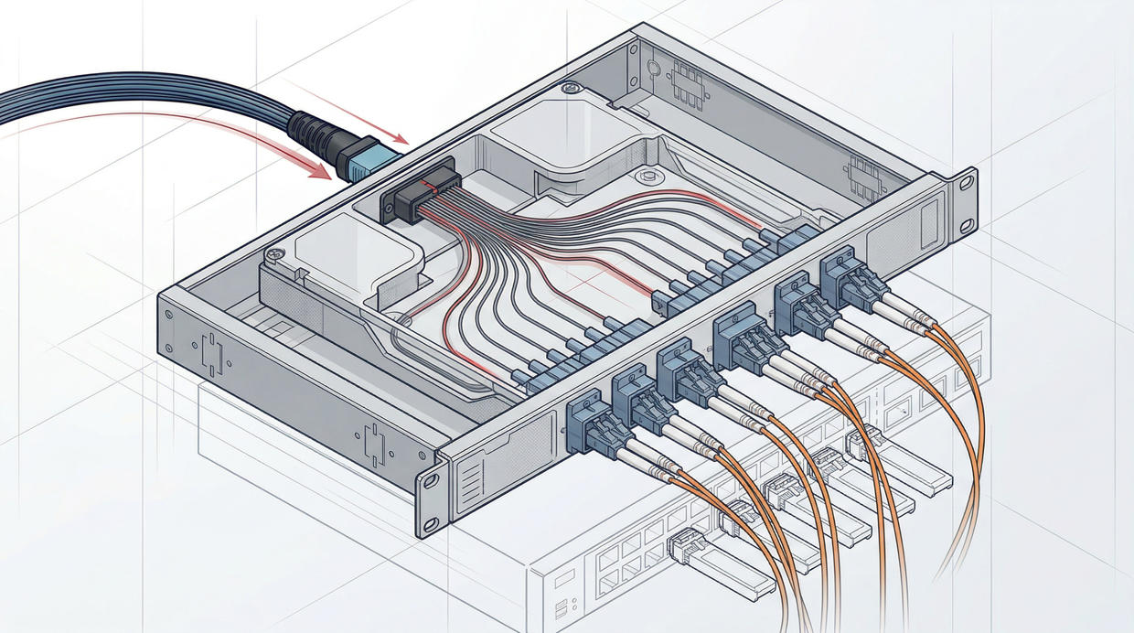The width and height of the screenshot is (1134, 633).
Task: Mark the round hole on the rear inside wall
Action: [x=654, y=67]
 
